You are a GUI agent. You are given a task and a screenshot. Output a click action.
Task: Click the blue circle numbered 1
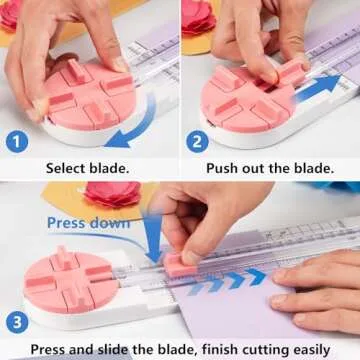click(x=17, y=141)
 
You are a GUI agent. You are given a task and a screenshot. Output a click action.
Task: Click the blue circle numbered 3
click(x=17, y=320)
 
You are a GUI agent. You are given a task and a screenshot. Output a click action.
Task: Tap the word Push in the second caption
click(x=226, y=166)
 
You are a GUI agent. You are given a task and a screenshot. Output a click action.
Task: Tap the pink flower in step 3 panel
click(x=110, y=194)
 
